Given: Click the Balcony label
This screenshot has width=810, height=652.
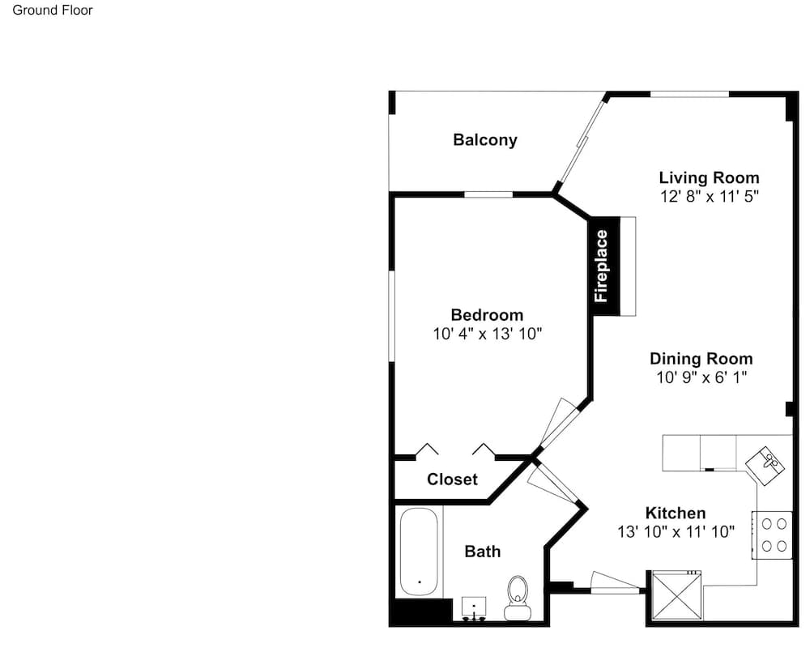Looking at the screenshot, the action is point(484,140).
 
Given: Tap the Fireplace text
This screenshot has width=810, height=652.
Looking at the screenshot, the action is point(601,266).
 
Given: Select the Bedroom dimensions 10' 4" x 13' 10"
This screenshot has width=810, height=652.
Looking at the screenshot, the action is point(487,334).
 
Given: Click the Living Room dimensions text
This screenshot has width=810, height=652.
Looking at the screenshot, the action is point(710,196).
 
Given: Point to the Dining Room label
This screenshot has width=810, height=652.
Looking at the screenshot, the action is point(701,359).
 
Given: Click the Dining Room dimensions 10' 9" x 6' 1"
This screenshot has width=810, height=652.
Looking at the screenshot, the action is point(701,377).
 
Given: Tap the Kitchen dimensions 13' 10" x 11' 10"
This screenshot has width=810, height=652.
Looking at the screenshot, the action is point(676,531).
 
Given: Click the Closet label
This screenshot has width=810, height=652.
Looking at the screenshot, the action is point(452,479).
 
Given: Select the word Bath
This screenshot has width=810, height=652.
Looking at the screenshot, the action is point(483,552).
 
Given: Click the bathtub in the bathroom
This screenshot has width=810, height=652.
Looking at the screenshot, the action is point(419,552).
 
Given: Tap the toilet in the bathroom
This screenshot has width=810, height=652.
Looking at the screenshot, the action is point(518,598).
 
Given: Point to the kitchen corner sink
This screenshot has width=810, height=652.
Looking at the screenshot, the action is point(765,466).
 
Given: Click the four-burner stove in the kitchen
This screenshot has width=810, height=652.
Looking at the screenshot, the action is point(772,535).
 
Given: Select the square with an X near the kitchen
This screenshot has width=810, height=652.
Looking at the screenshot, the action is point(676,594).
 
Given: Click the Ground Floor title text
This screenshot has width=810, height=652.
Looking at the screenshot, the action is point(52,11).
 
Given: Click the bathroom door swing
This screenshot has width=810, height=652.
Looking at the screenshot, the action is point(552,483).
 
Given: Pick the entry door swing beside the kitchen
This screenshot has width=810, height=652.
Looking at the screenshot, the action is point(616,583).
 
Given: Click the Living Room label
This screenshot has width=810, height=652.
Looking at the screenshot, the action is point(710,177).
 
